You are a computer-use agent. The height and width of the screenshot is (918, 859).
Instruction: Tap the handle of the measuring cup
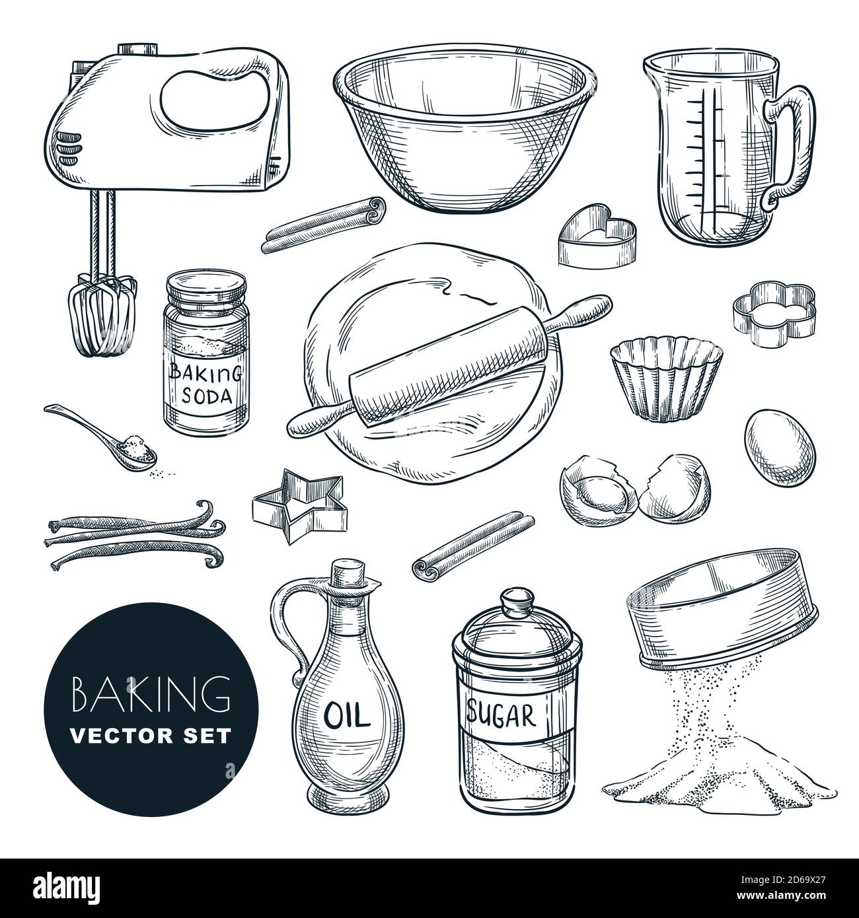(790, 139)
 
